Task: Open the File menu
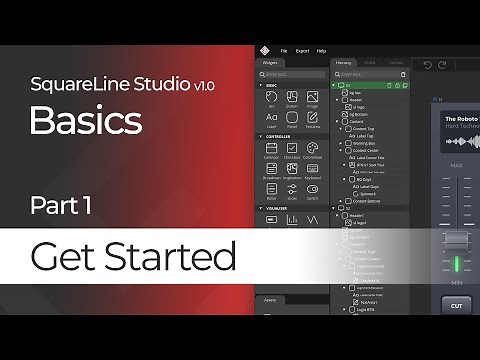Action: pos(284,50)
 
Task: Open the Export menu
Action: pos(302,50)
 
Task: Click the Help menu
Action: pos(321,50)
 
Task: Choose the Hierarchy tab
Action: pos(344,62)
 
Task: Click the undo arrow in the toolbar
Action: pos(428,65)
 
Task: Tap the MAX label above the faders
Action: pos(456,165)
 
